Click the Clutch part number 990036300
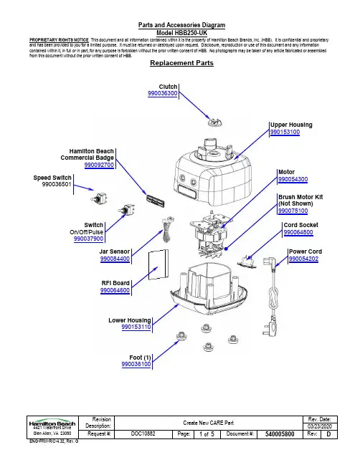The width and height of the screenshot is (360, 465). click(163, 93)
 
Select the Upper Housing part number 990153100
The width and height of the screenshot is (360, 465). click(285, 132)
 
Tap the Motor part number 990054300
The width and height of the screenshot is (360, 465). click(293, 179)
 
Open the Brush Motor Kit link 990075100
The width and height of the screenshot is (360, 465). click(293, 211)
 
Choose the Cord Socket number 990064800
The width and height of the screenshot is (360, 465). click(298, 232)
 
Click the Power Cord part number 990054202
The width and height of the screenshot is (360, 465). click(303, 259)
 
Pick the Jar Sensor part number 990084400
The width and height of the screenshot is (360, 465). click(115, 259)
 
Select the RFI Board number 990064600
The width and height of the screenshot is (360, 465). click(115, 290)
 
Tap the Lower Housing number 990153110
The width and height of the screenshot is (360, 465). click(136, 327)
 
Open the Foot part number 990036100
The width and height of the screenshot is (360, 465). click(136, 364)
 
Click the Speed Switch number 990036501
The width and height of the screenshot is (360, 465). click(57, 184)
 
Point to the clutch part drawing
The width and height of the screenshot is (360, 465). click(215, 123)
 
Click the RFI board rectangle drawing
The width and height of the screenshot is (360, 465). click(158, 264)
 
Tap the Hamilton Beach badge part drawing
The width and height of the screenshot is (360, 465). click(155, 201)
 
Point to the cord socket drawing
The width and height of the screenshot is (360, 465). click(247, 262)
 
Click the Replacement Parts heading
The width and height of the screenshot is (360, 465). click(181, 63)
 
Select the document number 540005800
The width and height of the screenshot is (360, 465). click(280, 434)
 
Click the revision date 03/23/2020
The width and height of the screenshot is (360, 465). click(320, 426)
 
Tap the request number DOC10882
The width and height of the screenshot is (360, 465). click(143, 433)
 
